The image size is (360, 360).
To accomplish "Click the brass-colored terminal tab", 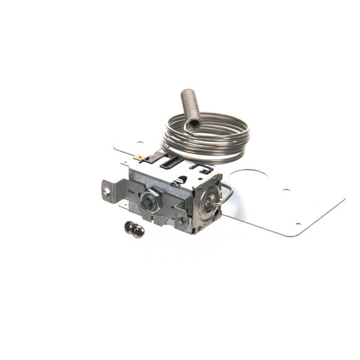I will point(140,158).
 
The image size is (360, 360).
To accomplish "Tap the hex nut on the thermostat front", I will point(150,202).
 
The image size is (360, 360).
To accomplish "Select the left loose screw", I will point(130,227).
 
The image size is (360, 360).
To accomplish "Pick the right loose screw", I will point(138,231).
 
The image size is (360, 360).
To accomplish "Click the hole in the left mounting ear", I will point(107,191).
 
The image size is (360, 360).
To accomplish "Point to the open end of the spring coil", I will point(193,124).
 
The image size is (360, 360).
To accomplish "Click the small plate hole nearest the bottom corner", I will point(298,224).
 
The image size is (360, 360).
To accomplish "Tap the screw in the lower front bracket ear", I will point(181,221).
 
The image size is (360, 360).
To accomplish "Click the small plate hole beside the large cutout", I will point(286,191).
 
